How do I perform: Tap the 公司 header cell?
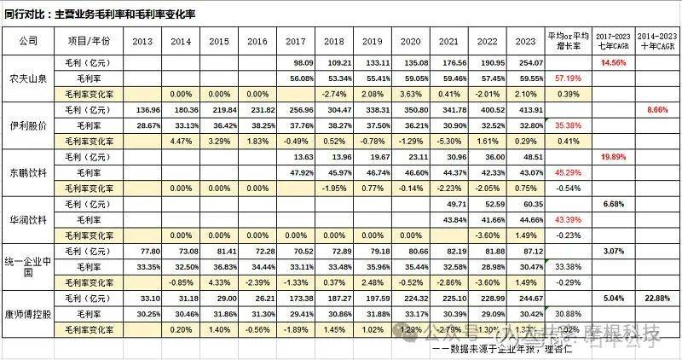[27, 40]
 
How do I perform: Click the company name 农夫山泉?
[27, 78]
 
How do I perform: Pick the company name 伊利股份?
[27, 126]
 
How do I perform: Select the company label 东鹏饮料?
[27, 173]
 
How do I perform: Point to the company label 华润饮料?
[27, 220]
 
